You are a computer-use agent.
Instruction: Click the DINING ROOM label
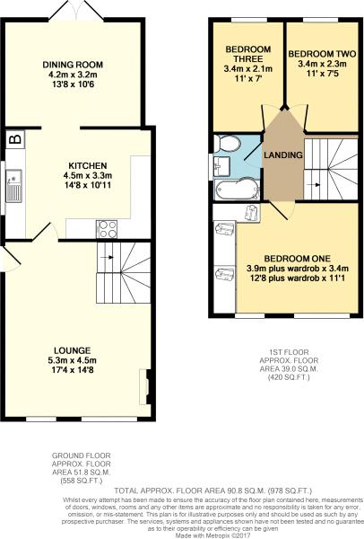[x=74, y=65]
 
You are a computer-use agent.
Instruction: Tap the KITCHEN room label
[x=88, y=165]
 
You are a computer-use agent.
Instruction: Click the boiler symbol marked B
[x=14, y=139]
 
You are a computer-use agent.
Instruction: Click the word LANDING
[x=283, y=155]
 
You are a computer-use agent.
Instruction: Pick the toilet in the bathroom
[x=228, y=143]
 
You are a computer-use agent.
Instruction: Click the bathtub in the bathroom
[x=237, y=188]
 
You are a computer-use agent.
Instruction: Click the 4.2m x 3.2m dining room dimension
[x=74, y=75]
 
